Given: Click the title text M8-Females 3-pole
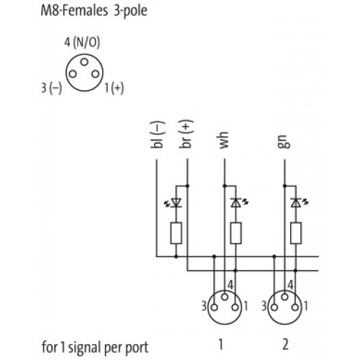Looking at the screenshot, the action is click(x=94, y=12).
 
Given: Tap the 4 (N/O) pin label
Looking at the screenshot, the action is click(x=82, y=42).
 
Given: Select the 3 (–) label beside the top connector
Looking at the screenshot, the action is click(x=52, y=88).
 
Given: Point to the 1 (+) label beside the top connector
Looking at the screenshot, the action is click(x=114, y=88).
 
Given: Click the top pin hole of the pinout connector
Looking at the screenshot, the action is click(x=84, y=62).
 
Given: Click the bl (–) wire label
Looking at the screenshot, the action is click(x=157, y=135).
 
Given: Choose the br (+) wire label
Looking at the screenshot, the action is click(x=186, y=134).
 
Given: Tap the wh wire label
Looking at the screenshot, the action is click(x=224, y=140).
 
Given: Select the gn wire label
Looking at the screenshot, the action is click(x=284, y=141).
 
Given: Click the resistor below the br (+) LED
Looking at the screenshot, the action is click(x=176, y=233).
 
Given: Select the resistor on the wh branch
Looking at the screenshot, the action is click(x=236, y=233).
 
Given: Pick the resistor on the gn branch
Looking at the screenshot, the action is click(x=296, y=233).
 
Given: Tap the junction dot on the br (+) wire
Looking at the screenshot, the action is click(x=187, y=186).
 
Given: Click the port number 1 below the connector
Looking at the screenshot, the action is click(x=221, y=344).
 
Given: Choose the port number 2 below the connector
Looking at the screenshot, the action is click(x=285, y=344).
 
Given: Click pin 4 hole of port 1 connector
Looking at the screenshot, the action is click(x=225, y=297).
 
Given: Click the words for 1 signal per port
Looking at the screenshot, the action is click(x=95, y=348).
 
